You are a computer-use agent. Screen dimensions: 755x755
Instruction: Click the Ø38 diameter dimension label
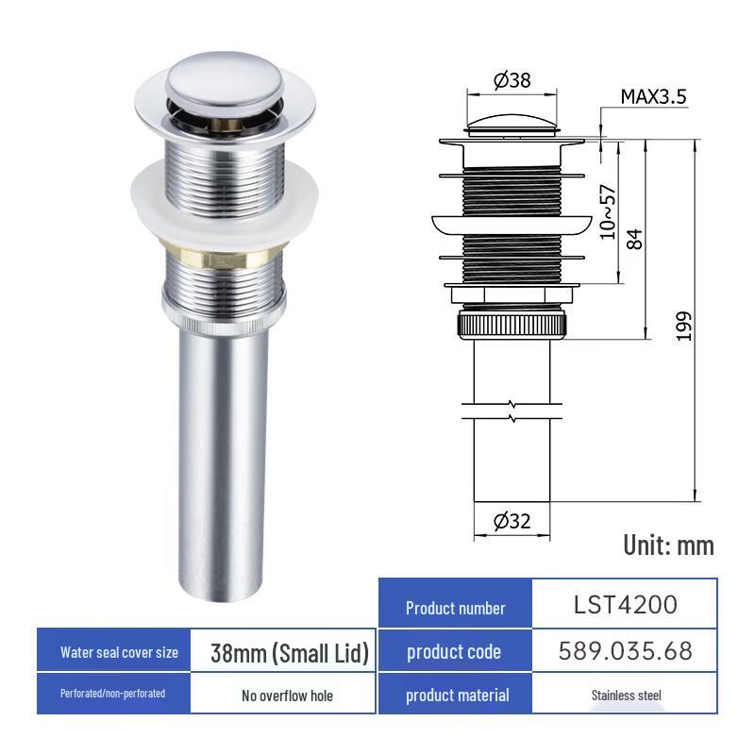pos(512,80)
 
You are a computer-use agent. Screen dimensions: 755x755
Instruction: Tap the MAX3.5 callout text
pos(652,96)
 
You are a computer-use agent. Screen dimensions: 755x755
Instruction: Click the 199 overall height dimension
pos(684,326)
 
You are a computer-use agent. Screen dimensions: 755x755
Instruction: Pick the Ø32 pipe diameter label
pos(512,520)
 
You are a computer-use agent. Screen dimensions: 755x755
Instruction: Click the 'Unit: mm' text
pos(668,545)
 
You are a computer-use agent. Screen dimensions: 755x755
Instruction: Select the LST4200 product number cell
pos(625,604)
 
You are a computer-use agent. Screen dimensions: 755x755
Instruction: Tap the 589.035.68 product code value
pos(625,650)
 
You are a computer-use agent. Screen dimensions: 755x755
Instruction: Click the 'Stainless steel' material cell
pos(625,696)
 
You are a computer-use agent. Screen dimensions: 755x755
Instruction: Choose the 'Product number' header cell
pos(455,608)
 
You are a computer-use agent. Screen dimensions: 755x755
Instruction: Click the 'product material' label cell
pos(457,696)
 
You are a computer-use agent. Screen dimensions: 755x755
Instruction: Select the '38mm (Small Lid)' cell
pos(289,653)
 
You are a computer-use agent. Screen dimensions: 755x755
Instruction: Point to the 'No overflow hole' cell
pos(287,696)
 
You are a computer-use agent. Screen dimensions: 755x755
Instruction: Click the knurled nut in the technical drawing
pos(511,325)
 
